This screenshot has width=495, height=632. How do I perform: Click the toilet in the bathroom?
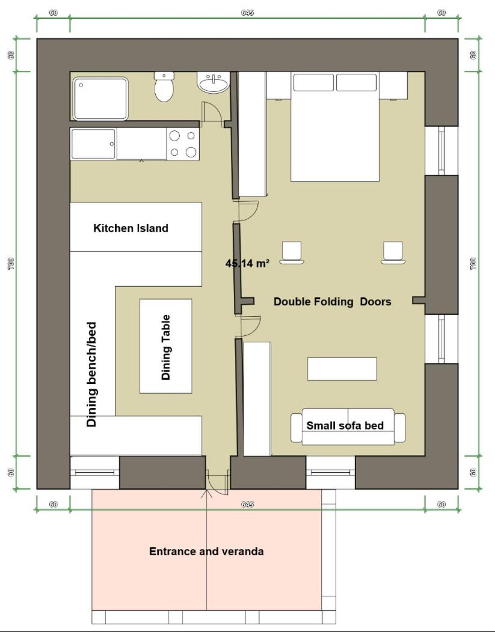pos(164,87)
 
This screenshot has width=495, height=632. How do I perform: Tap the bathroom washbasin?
pos(214,82)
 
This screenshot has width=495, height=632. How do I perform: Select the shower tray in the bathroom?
pos(100,99)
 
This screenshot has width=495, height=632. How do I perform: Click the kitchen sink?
pos(94,144)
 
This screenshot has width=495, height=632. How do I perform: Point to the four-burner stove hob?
pos(183,144)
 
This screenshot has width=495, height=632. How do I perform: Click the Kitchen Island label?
pos(131,228)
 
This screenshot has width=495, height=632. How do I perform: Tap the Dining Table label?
pos(166,347)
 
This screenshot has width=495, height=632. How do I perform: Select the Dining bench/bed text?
pos(92,374)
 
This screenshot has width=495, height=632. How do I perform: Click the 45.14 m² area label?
pos(247,264)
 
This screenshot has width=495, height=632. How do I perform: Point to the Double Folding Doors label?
pos(333,302)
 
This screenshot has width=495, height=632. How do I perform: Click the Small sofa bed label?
pos(345,425)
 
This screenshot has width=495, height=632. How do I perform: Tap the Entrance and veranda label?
pos(206,551)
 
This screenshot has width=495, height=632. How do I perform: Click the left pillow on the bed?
pos(313,83)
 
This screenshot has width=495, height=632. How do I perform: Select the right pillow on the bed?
pos(356,83)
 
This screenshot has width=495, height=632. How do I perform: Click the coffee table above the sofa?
pos(342,369)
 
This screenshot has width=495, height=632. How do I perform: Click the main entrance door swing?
pos(217,484)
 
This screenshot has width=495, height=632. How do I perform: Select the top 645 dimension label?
pos(247,13)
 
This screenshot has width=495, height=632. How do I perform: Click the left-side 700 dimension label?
pos(11,264)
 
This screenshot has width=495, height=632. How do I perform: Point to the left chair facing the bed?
pos(292,253)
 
